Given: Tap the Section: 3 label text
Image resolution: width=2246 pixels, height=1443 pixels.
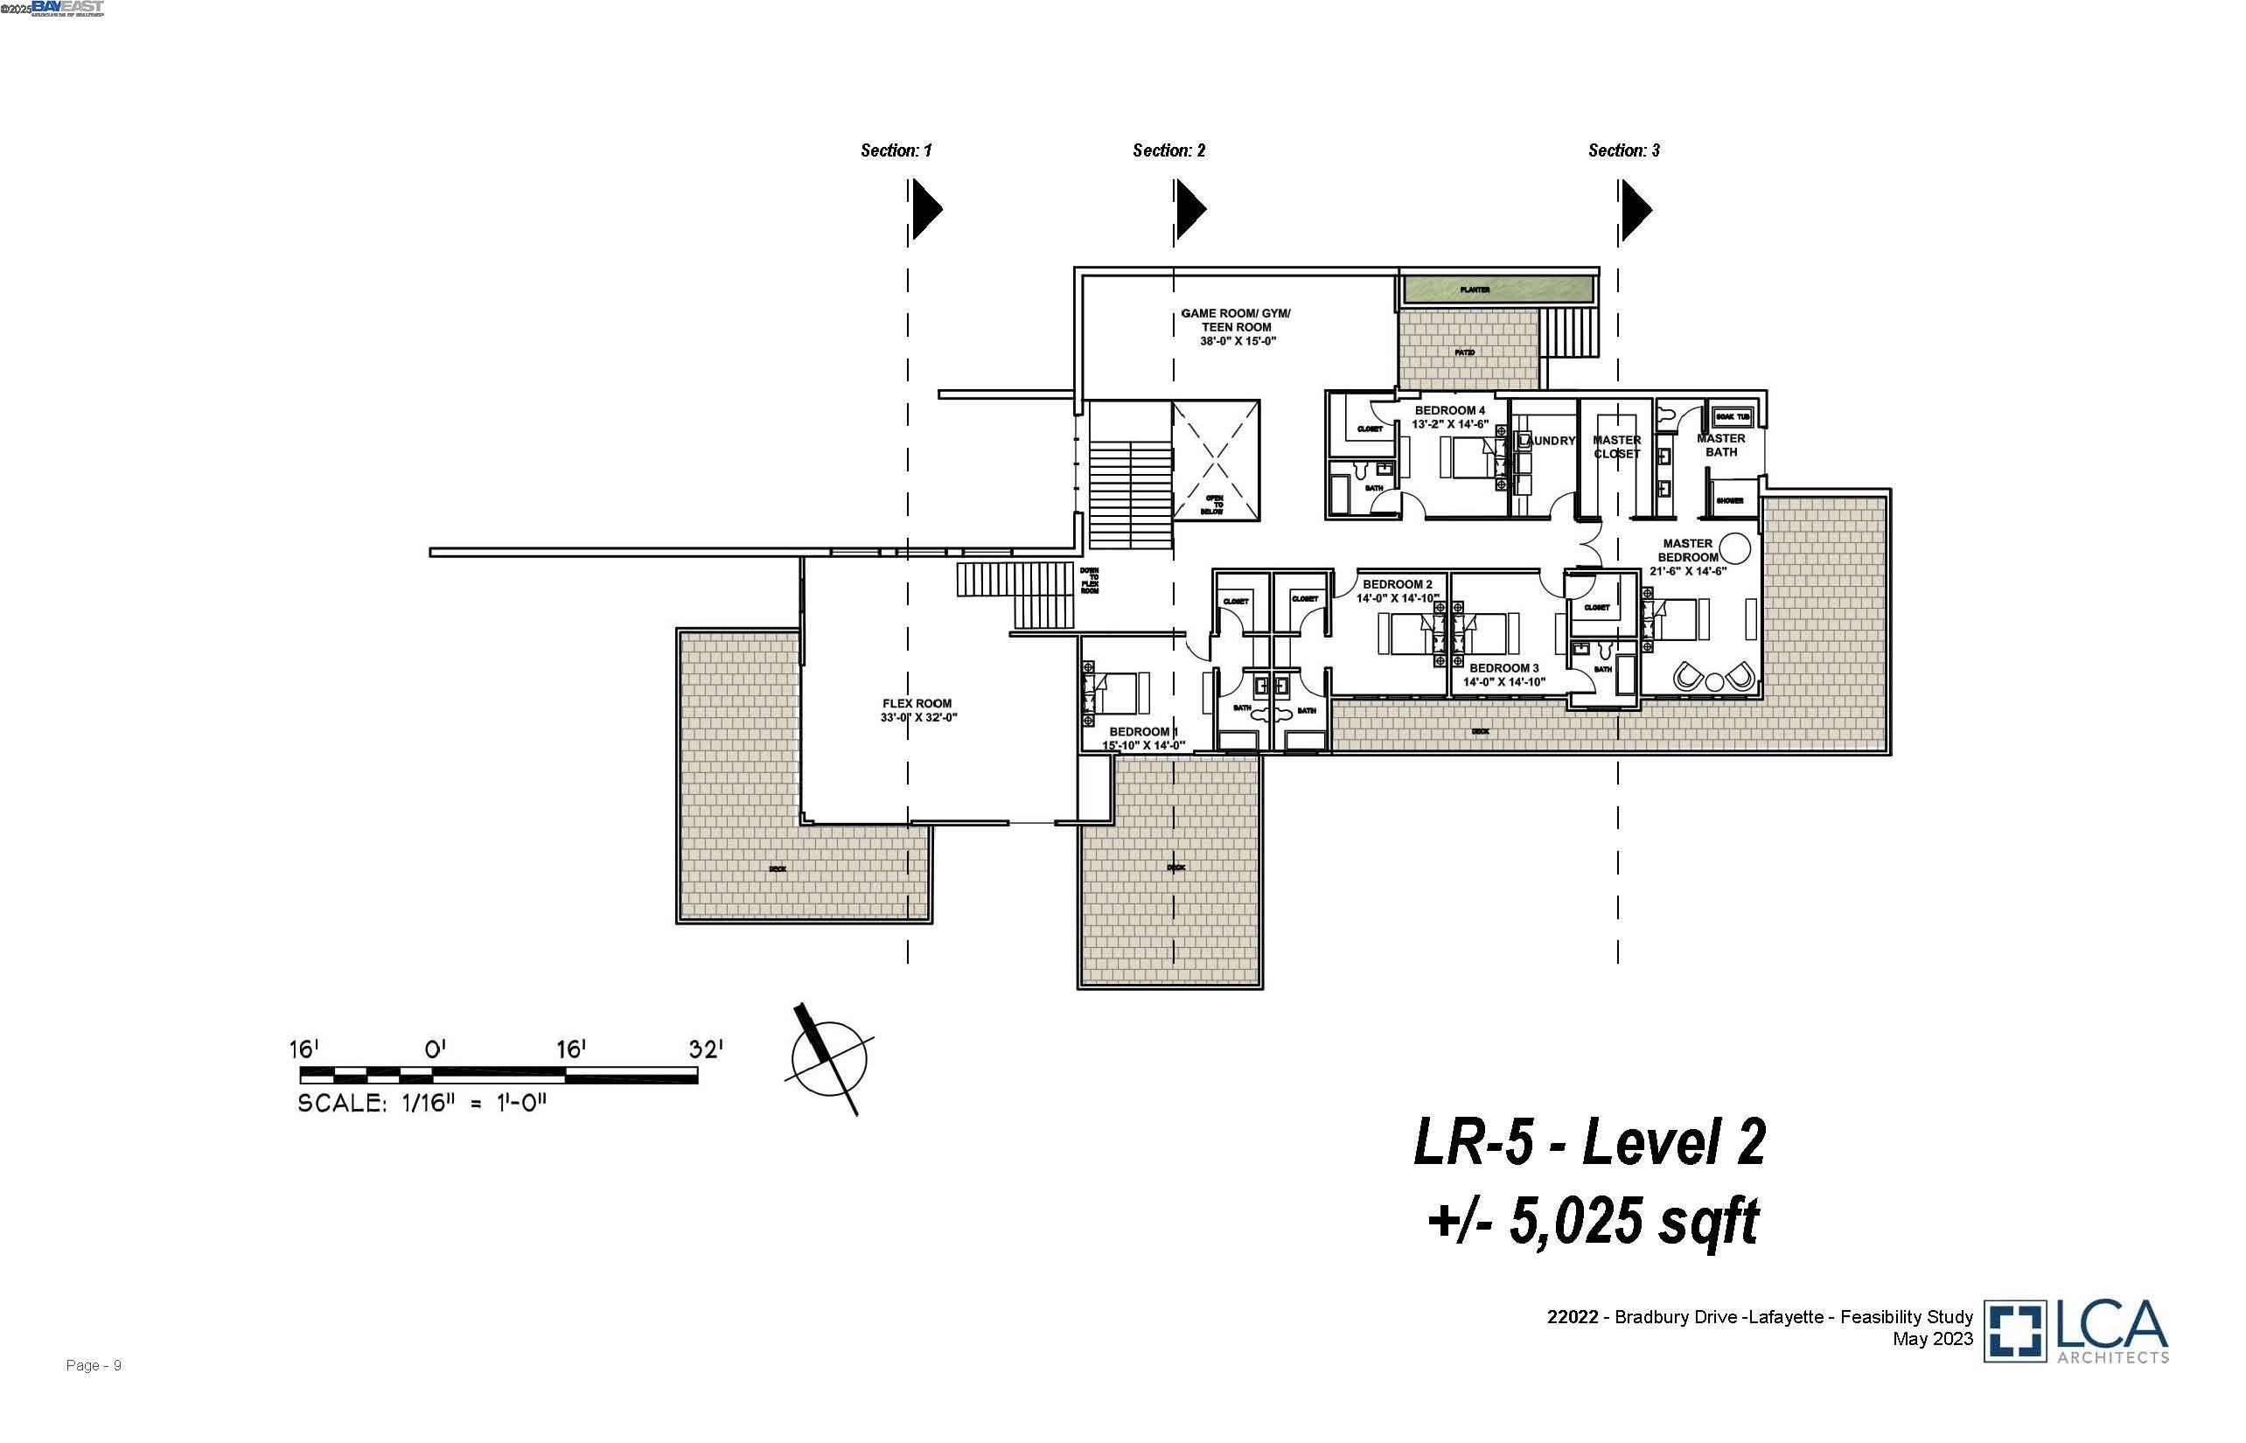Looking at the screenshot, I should pyautogui.click(x=1623, y=150).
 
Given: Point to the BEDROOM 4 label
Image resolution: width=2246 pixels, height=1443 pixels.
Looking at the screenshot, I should pyautogui.click(x=1449, y=410).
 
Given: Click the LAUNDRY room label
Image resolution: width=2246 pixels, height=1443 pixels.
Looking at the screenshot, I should pyautogui.click(x=1547, y=441).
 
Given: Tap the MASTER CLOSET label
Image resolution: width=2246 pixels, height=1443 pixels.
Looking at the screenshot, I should pyautogui.click(x=1616, y=446).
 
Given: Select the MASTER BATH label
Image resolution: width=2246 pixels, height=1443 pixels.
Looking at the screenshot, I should pyautogui.click(x=1720, y=444).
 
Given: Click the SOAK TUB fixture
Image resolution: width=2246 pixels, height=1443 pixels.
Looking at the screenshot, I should pyautogui.click(x=1732, y=416).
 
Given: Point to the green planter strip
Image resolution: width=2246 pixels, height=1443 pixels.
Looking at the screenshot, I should pyautogui.click(x=1497, y=289).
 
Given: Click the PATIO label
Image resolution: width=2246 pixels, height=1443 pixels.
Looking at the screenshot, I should pyautogui.click(x=1465, y=352).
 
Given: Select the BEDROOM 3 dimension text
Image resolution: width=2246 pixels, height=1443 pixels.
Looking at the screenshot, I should pyautogui.click(x=1503, y=681).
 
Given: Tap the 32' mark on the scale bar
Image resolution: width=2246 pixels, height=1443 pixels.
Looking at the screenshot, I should pyautogui.click(x=705, y=1049).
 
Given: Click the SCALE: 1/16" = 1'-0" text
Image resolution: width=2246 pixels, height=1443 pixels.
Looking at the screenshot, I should pyautogui.click(x=422, y=1104).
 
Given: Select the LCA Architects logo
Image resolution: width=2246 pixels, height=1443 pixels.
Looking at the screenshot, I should pyautogui.click(x=2075, y=1329).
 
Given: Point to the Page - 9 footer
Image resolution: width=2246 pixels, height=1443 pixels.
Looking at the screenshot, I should pyautogui.click(x=94, y=1365).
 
